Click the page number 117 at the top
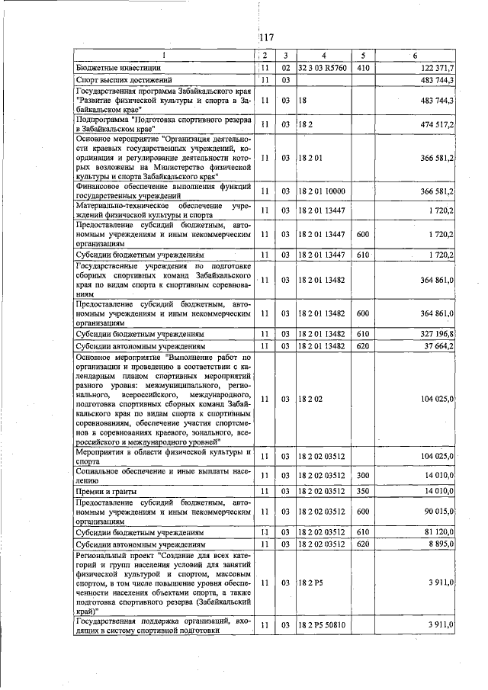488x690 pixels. click(266, 39)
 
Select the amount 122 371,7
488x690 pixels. click(436, 68)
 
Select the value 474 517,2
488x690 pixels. click(436, 124)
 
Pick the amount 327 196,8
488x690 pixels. click(436, 334)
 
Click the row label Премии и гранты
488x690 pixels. click(106, 492)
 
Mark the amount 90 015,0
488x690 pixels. click(437, 512)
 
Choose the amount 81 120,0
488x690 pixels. click(437, 532)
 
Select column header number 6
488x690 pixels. click(415, 56)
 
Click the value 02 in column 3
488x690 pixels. click(284, 68)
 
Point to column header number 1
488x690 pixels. click(162, 56)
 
